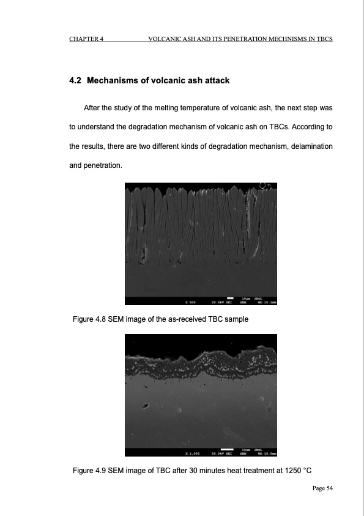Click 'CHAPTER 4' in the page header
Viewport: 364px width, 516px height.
(x=86, y=39)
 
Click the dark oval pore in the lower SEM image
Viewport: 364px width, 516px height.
(x=146, y=405)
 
